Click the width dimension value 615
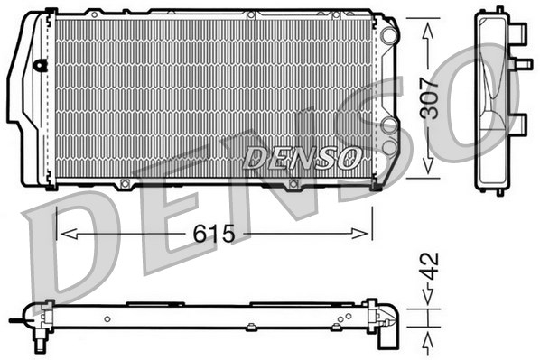point(214,235)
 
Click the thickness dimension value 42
point(432,265)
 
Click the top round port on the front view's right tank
point(389,34)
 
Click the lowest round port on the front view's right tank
point(389,145)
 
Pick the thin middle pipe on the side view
point(521,63)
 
